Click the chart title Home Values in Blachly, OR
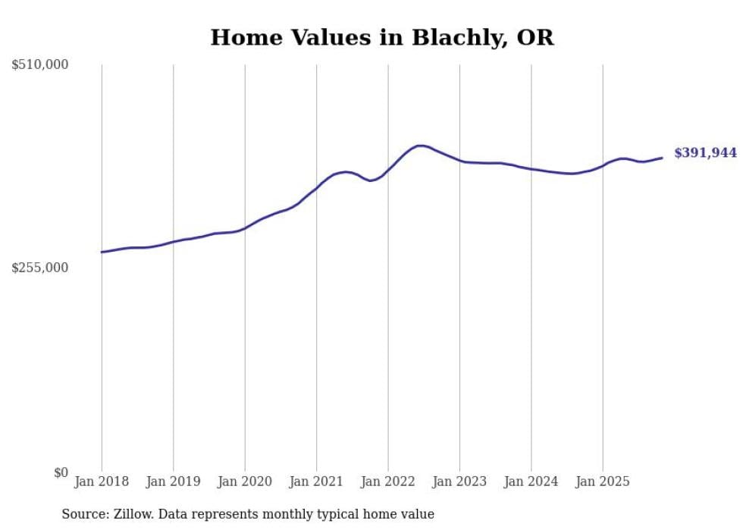382,37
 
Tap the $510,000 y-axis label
40,65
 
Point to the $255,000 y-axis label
40,268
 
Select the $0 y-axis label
61,472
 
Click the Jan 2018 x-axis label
102,481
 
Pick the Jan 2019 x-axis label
173,481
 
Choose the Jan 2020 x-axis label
245,481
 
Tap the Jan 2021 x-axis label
316,481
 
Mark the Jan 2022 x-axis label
388,481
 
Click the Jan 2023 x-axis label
459,481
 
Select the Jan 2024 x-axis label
531,481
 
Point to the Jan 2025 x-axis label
603,481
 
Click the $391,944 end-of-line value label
705,153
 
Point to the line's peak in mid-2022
420,146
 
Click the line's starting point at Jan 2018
102,252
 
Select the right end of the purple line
662,158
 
